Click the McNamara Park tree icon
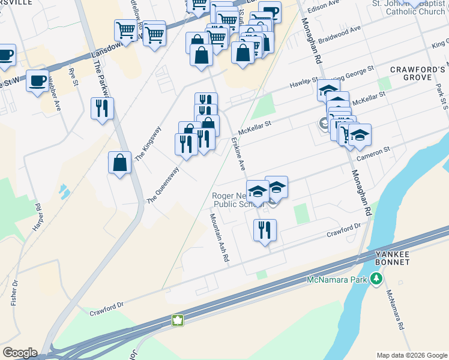(x=376, y=278)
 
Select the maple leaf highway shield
(x=178, y=320)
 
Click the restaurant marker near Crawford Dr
(x=264, y=230)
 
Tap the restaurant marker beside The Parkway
(x=101, y=108)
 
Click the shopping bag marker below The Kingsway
(x=120, y=163)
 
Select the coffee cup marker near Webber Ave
(x=37, y=80)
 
